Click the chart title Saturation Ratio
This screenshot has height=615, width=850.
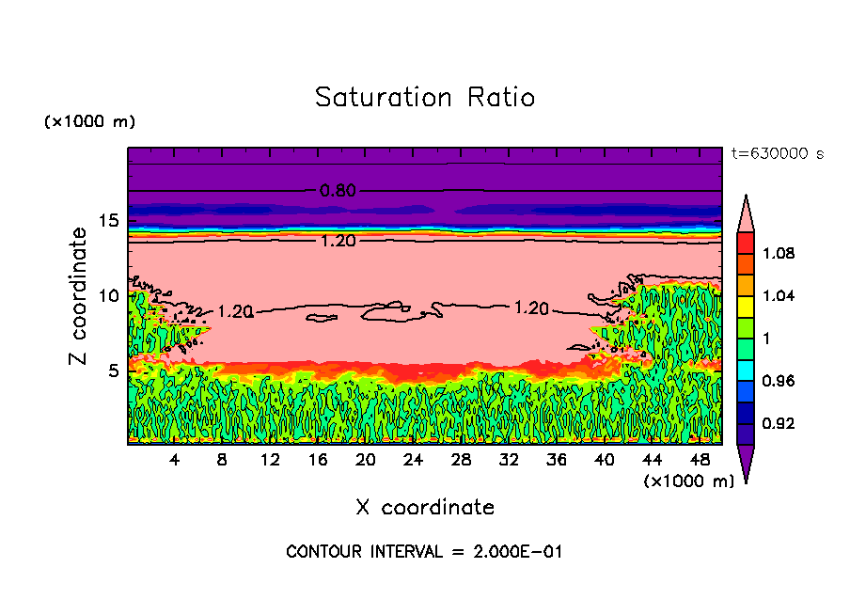(x=424, y=98)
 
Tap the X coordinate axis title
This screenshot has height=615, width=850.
(x=424, y=508)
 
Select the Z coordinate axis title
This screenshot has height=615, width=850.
(x=79, y=295)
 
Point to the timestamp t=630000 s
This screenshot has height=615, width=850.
(x=778, y=154)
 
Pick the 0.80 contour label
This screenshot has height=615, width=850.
(x=337, y=191)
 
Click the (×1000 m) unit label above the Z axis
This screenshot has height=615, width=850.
(x=89, y=122)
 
